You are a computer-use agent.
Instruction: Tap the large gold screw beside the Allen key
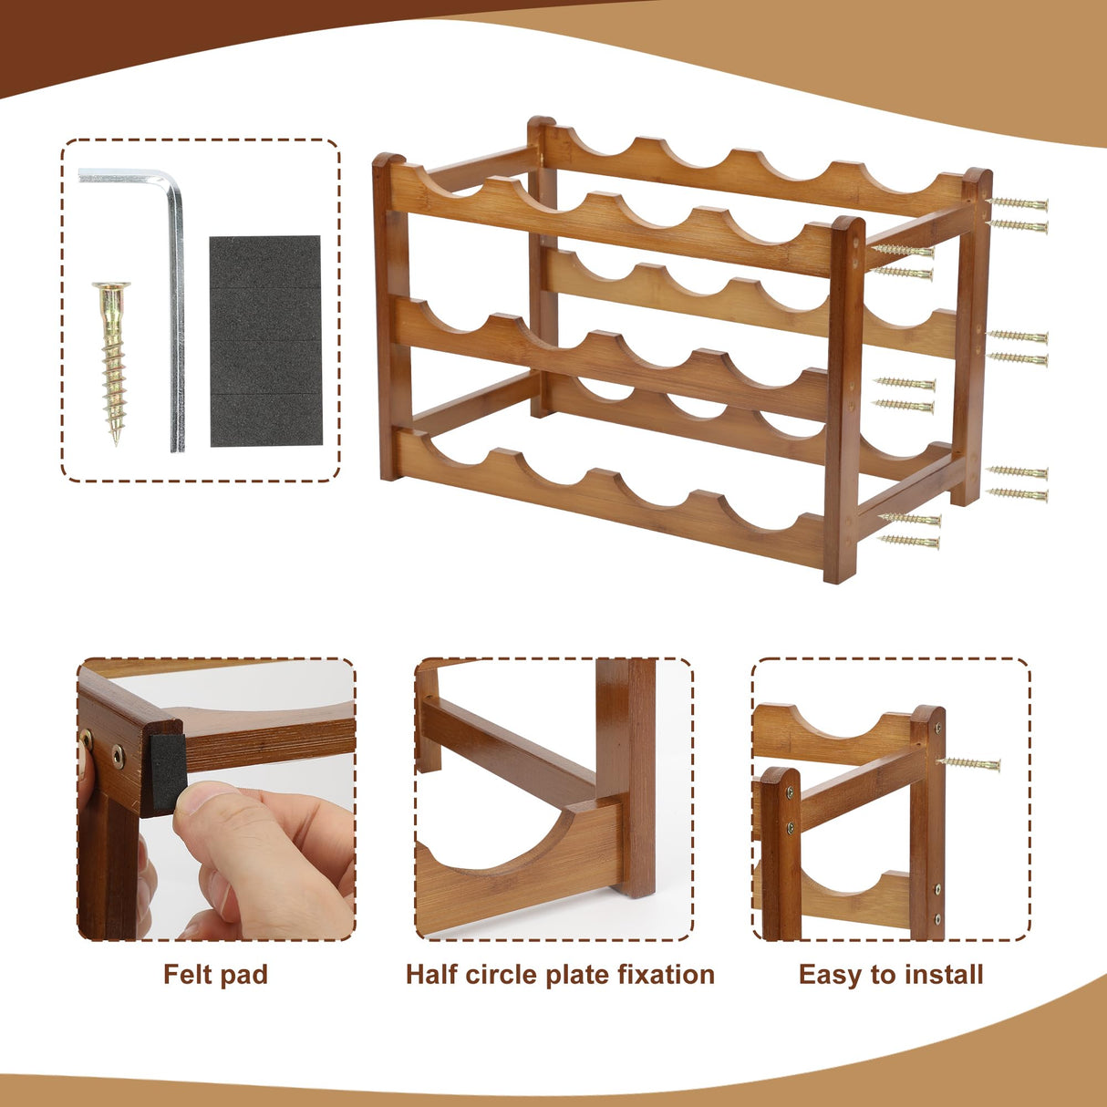pyautogui.click(x=113, y=363)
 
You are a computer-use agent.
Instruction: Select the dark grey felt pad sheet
pyautogui.click(x=265, y=341)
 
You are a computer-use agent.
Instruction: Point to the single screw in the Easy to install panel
pyautogui.click(x=969, y=764)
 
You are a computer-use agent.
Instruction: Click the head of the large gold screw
pyautogui.click(x=111, y=285)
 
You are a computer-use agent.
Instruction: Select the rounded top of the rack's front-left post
pyautogui.click(x=389, y=158)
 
